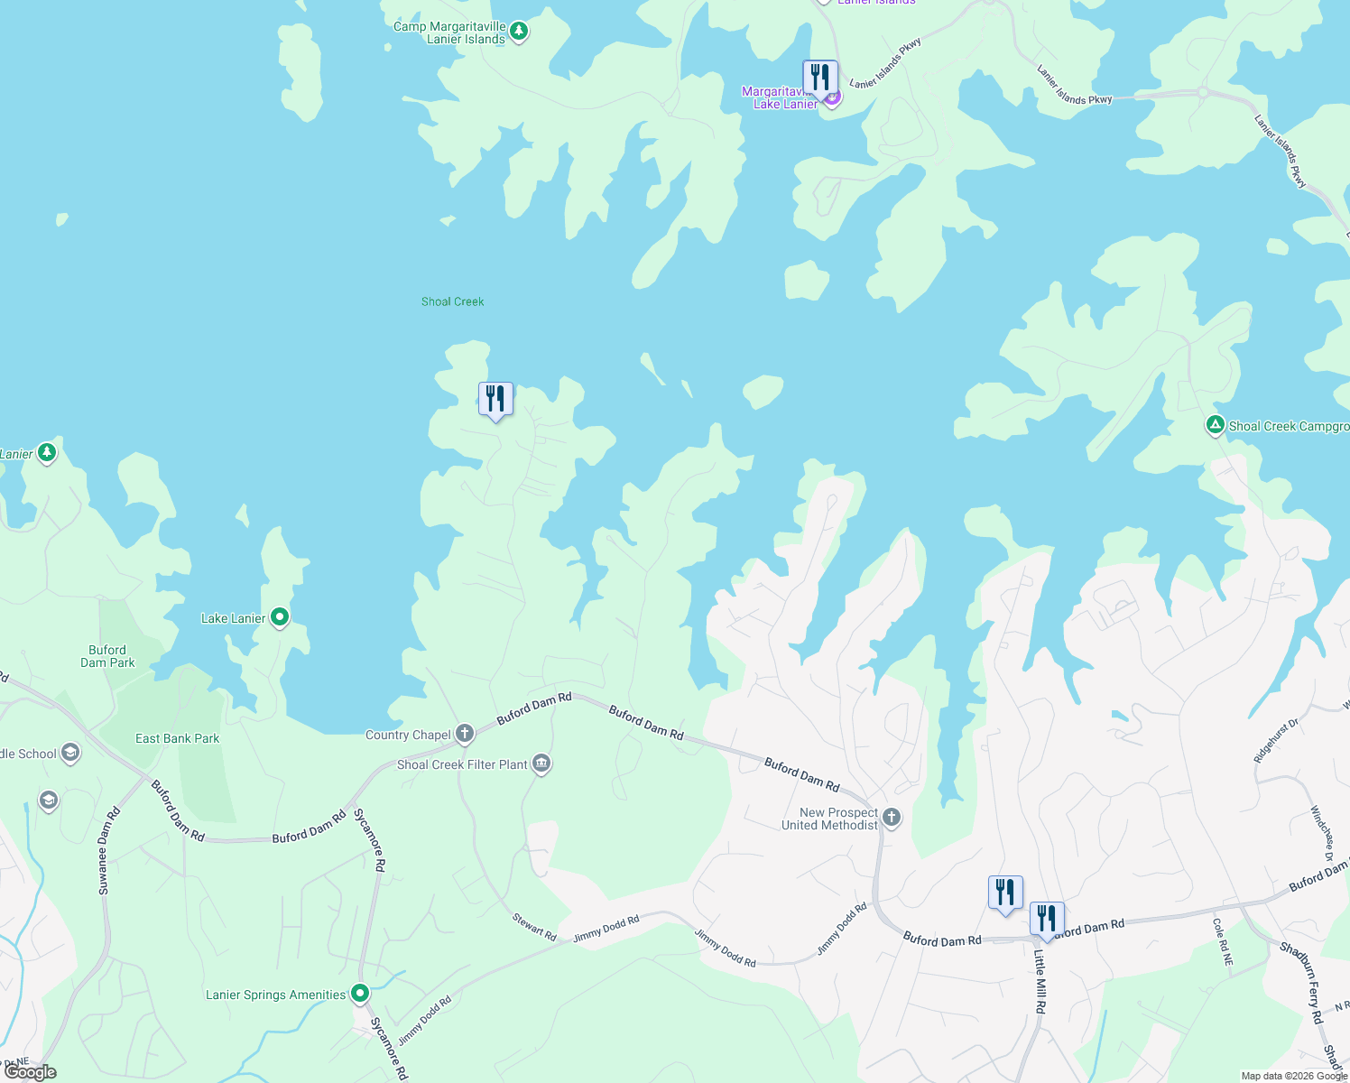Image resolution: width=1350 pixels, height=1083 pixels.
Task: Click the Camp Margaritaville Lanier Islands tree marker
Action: click(x=518, y=32)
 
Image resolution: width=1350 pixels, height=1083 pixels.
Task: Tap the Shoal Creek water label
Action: click(x=452, y=301)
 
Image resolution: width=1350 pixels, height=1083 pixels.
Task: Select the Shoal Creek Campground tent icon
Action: click(x=1216, y=425)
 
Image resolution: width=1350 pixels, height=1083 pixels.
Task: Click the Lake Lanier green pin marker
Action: click(x=280, y=617)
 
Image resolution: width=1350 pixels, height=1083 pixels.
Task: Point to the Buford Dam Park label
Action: click(x=107, y=656)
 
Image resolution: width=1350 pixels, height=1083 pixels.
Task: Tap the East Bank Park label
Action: click(x=177, y=738)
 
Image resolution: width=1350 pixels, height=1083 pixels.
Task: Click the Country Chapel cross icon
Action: click(x=465, y=733)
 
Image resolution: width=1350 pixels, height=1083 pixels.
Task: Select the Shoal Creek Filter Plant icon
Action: click(x=541, y=764)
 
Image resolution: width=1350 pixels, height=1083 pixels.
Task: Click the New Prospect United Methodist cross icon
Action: click(x=892, y=818)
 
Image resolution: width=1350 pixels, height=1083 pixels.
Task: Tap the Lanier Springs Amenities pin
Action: click(x=360, y=994)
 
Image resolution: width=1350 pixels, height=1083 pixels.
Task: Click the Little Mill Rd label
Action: click(x=1040, y=981)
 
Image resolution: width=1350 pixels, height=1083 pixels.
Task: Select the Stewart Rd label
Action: click(x=534, y=926)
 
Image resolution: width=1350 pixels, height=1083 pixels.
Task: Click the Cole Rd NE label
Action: click(x=1223, y=942)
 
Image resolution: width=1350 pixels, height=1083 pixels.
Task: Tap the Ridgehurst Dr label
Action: click(x=1276, y=741)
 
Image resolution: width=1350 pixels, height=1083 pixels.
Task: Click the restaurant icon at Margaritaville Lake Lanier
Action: click(x=819, y=78)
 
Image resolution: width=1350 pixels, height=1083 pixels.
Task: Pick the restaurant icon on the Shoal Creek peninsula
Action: click(x=495, y=399)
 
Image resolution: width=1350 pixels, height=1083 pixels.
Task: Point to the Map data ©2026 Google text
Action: click(x=1293, y=1076)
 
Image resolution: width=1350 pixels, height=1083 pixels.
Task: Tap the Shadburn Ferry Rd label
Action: click(x=1306, y=983)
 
